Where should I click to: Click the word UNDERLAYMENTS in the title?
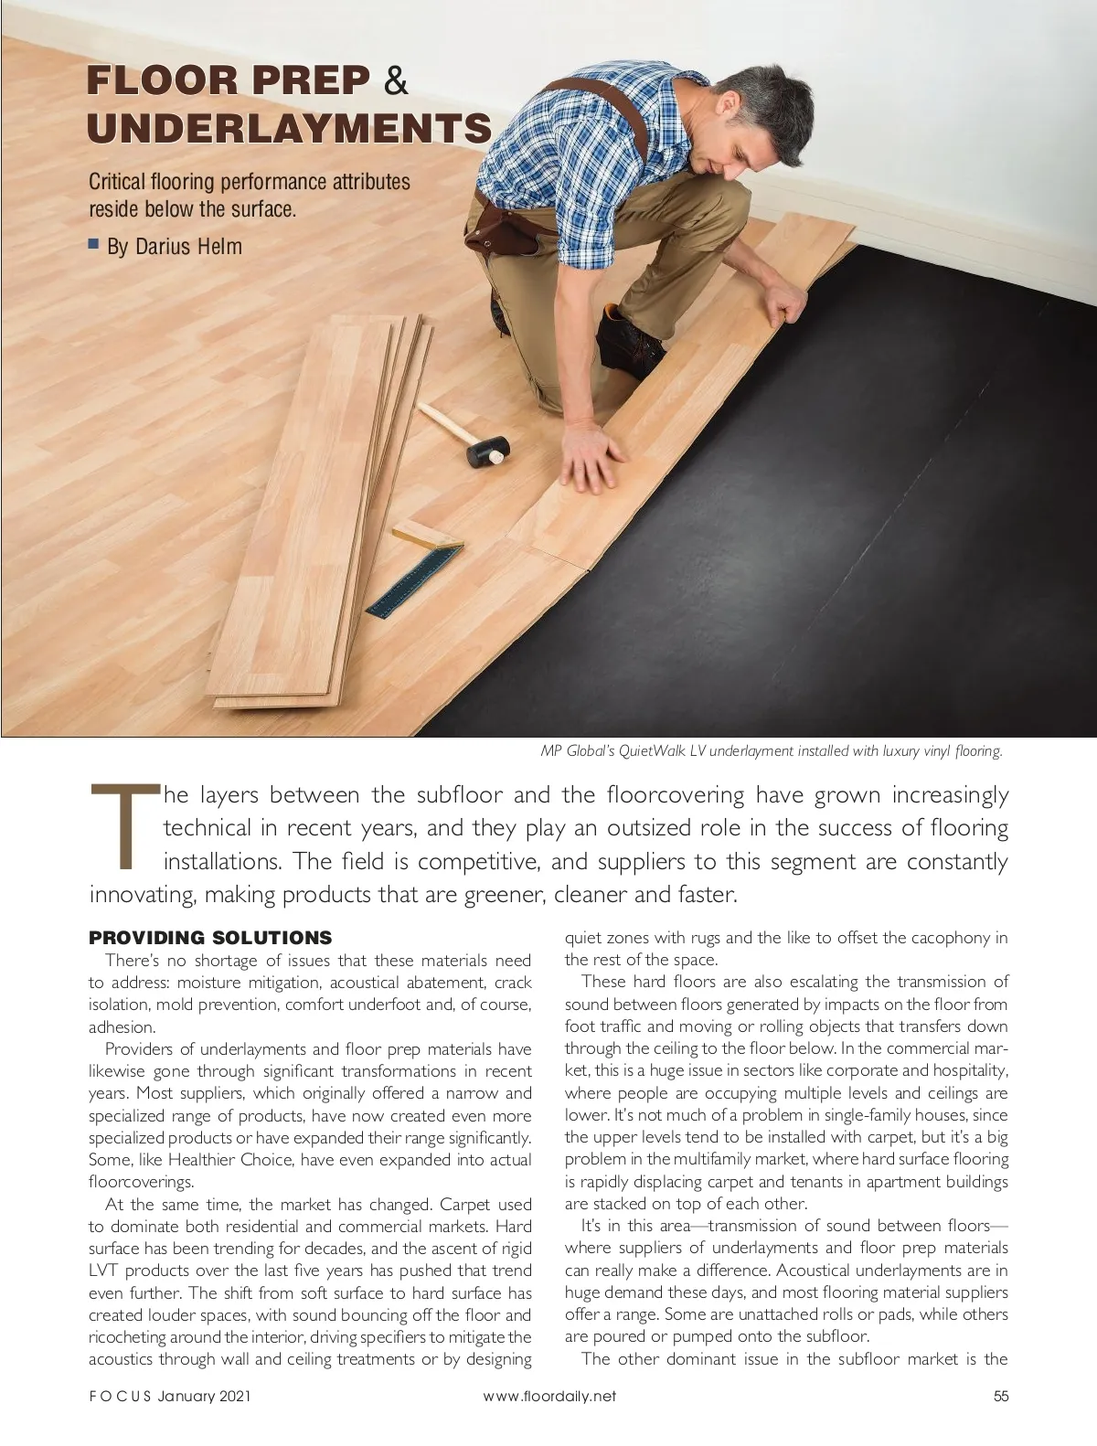(x=289, y=128)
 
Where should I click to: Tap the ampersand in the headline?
(x=396, y=80)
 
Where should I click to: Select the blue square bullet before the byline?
(x=93, y=244)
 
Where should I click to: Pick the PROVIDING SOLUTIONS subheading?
(x=209, y=938)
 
